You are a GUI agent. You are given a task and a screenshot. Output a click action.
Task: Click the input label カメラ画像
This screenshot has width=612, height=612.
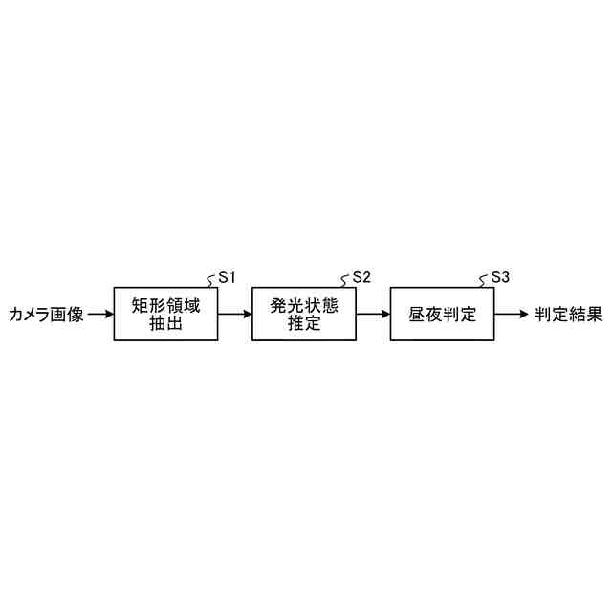pyautogui.click(x=46, y=315)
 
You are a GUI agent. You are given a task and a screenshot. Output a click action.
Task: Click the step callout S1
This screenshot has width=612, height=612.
pyautogui.click(x=227, y=277)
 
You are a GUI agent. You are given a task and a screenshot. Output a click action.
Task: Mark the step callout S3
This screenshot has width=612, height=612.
pyautogui.click(x=499, y=277)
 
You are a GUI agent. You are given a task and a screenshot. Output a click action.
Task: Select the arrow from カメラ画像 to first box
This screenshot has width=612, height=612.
pyautogui.click(x=99, y=315)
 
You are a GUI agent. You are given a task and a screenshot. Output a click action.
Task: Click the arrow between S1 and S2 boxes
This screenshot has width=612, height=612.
pyautogui.click(x=234, y=315)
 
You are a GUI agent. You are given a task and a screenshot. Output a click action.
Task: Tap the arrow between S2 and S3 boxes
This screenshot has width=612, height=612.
pyautogui.click(x=372, y=315)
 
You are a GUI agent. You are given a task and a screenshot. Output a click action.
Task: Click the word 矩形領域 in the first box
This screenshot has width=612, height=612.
pyautogui.click(x=165, y=307)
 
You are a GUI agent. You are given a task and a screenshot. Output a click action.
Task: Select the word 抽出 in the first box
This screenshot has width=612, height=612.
pyautogui.click(x=165, y=324)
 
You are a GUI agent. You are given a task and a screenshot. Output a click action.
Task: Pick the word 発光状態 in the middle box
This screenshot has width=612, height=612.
pyautogui.click(x=303, y=307)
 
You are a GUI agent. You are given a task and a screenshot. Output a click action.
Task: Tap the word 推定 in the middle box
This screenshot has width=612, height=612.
pyautogui.click(x=303, y=324)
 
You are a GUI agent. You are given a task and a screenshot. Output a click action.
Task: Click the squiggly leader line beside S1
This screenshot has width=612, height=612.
pyautogui.click(x=211, y=281)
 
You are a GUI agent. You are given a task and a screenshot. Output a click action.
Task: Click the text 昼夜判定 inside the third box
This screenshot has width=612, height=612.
pyautogui.click(x=441, y=315)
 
